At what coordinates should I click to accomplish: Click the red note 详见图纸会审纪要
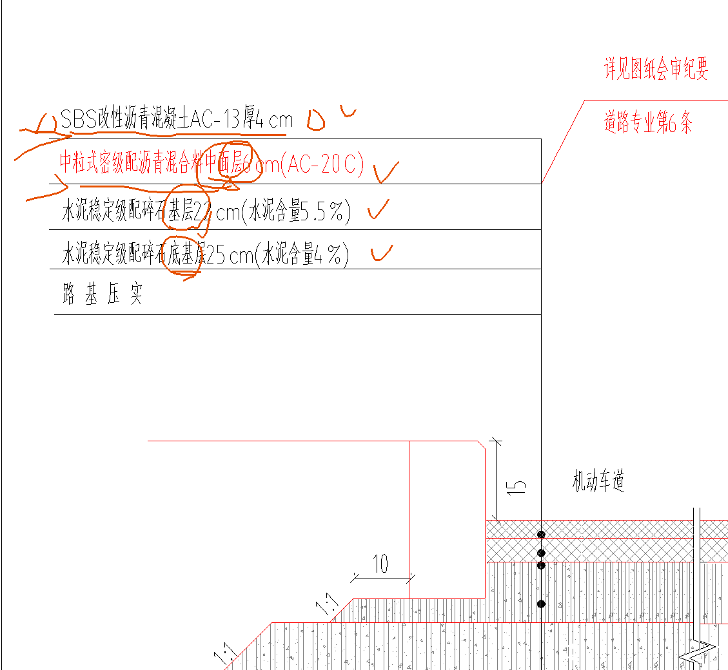(655, 69)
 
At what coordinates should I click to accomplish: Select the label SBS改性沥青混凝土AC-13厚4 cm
(176, 119)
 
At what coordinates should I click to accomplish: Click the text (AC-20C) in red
(326, 166)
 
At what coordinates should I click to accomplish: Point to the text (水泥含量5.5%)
(296, 212)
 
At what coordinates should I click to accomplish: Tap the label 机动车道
(598, 481)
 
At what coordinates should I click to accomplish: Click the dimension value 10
(381, 564)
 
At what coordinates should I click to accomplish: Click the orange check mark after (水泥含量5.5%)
(379, 209)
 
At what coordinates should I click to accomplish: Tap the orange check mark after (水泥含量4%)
(381, 253)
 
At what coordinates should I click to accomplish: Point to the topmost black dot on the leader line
(542, 535)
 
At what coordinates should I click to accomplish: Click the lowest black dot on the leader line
(542, 604)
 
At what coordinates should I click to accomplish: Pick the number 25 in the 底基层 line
(215, 256)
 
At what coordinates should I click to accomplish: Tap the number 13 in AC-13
(232, 119)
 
